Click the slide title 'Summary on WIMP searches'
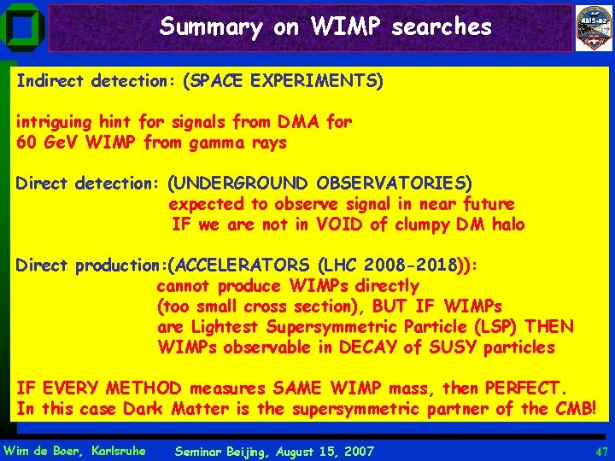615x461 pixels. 325,27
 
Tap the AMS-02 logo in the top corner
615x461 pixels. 594,28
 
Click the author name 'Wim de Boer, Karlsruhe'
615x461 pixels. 75,451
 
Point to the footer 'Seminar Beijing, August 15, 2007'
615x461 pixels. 273,451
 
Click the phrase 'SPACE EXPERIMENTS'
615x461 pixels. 286,82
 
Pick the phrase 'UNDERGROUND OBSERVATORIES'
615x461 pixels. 319,184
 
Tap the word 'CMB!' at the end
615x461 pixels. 576,409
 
